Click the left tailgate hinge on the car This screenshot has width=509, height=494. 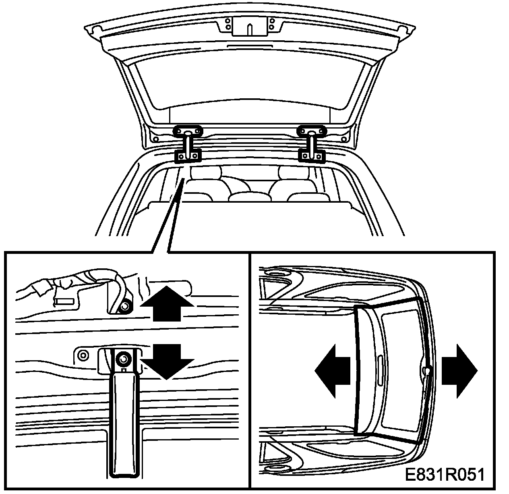tap(188, 144)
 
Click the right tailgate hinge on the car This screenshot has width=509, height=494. tap(311, 144)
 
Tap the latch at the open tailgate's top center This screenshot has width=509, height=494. tap(250, 27)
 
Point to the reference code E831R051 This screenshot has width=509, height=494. tap(444, 475)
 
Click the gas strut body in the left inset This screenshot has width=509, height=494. tap(124, 423)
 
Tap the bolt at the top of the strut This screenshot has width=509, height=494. tap(124, 358)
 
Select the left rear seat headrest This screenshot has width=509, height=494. tap(206, 172)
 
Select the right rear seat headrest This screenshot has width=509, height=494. tap(293, 172)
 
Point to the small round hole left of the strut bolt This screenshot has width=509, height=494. tap(83, 355)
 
